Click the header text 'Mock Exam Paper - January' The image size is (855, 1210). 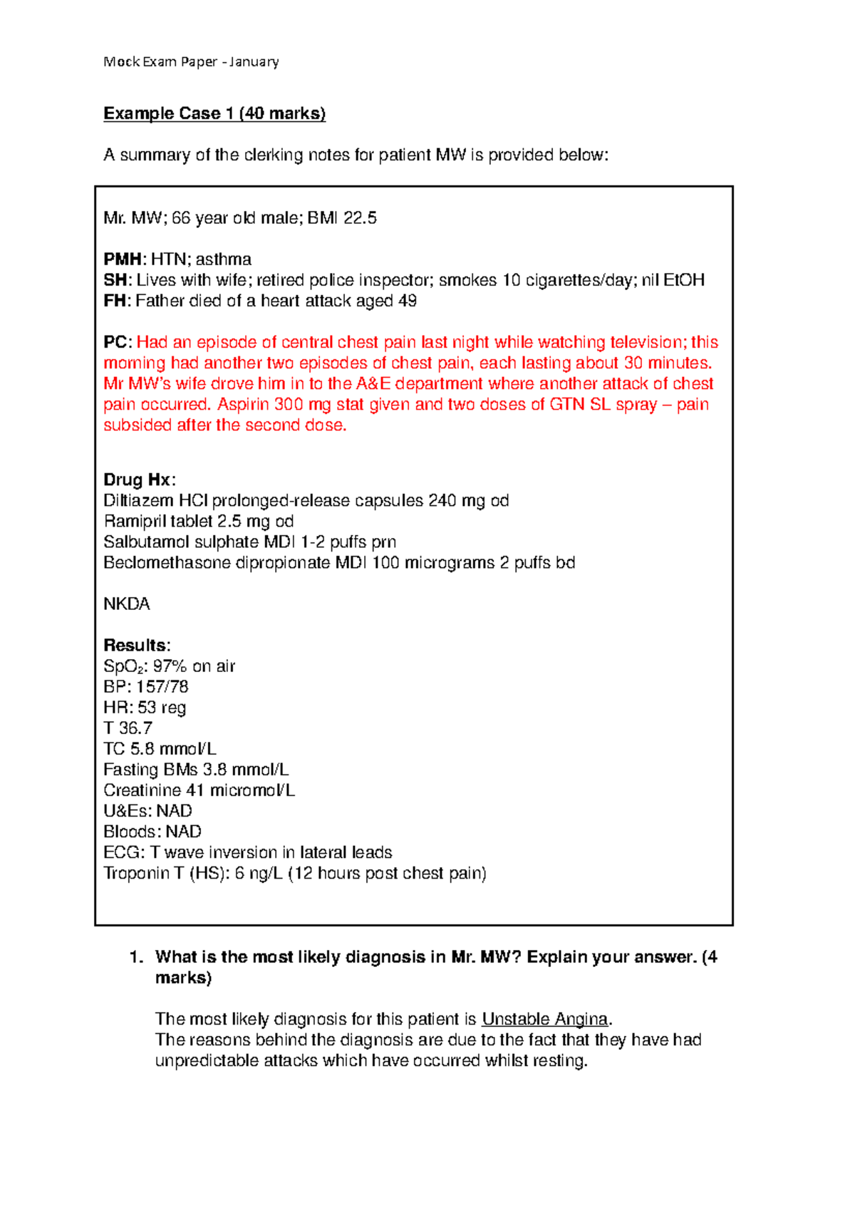(191, 62)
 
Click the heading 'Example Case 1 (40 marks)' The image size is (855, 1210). (214, 114)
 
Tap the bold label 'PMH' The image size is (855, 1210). (123, 259)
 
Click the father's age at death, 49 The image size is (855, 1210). (408, 301)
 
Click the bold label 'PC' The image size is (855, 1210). (116, 343)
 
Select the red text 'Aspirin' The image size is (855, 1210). (243, 405)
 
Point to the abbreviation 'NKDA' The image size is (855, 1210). (127, 604)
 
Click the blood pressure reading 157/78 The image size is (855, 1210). (162, 687)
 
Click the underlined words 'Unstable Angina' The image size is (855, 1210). (544, 1019)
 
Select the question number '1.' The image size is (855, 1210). (136, 957)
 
